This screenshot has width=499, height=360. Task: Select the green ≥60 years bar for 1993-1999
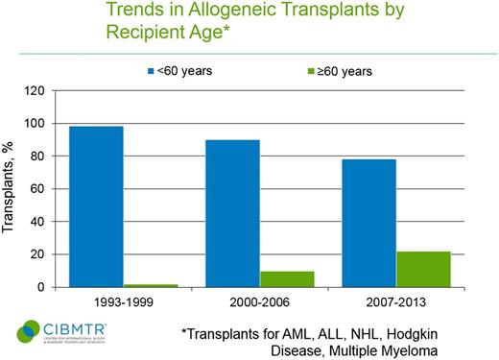tap(155, 285)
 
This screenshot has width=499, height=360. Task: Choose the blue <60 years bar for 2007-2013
tap(361, 223)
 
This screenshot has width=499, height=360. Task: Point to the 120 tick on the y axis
tap(36, 91)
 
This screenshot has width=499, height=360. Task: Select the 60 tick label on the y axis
tap(39, 189)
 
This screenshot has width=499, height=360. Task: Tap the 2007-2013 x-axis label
tap(389, 301)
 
